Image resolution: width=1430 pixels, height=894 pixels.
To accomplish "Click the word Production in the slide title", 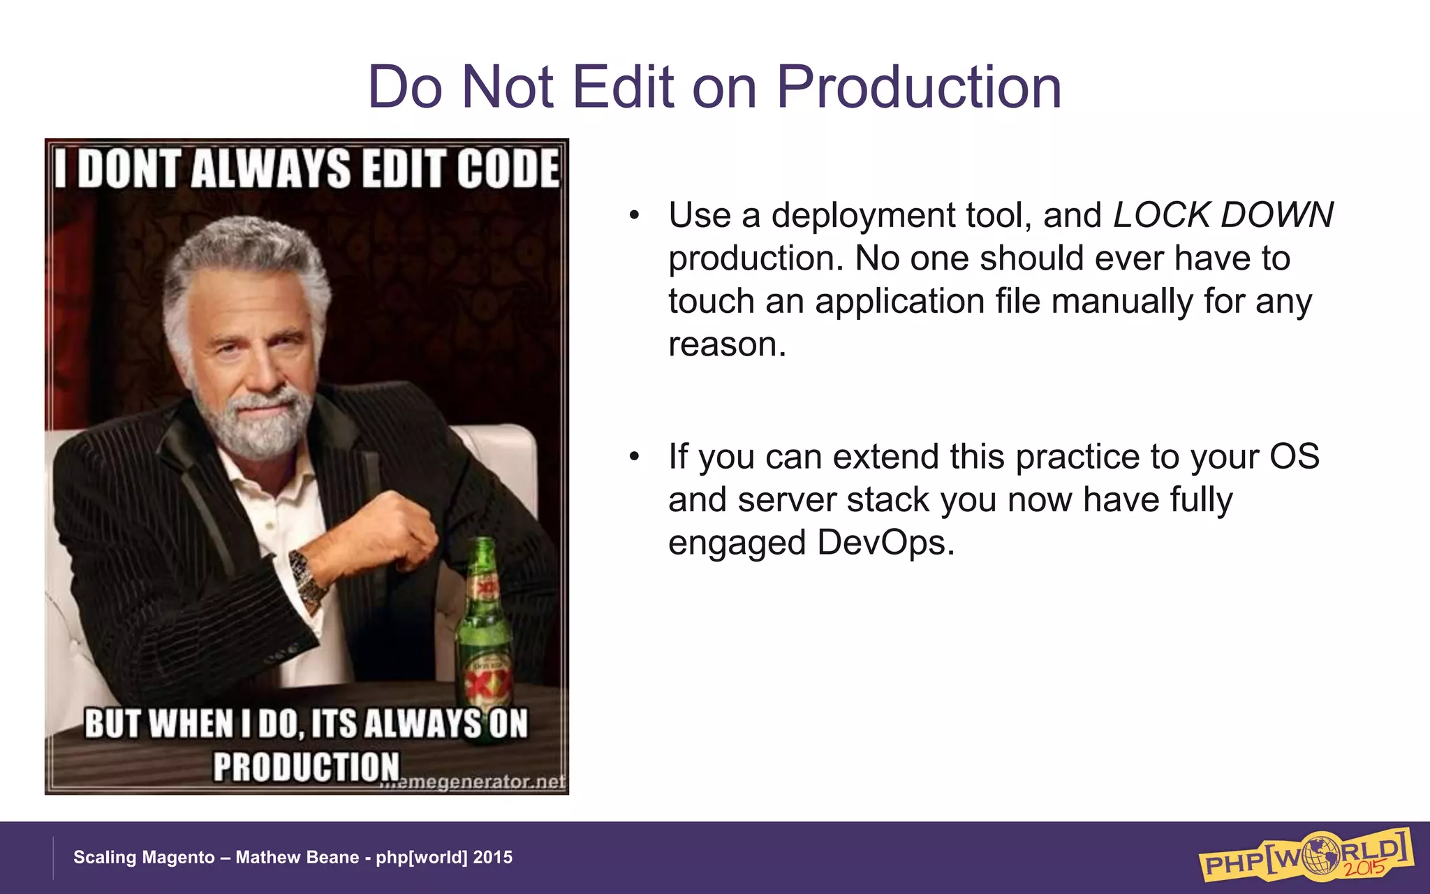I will pyautogui.click(x=918, y=87).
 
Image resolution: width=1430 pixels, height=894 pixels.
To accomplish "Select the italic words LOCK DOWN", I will pyautogui.click(x=1223, y=215).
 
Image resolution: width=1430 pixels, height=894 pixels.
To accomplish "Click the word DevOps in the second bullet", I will pyautogui.click(x=885, y=543).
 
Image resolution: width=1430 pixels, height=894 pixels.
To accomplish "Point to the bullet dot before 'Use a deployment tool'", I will pyautogui.click(x=633, y=216).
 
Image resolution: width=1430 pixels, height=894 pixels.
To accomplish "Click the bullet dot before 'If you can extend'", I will pyautogui.click(x=633, y=457).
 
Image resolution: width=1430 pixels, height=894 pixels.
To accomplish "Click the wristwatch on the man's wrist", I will pyautogui.click(x=307, y=577).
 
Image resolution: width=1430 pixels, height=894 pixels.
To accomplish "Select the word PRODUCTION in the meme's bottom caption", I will pyautogui.click(x=306, y=767).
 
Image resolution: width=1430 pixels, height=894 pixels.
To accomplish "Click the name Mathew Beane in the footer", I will pyautogui.click(x=297, y=857).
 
